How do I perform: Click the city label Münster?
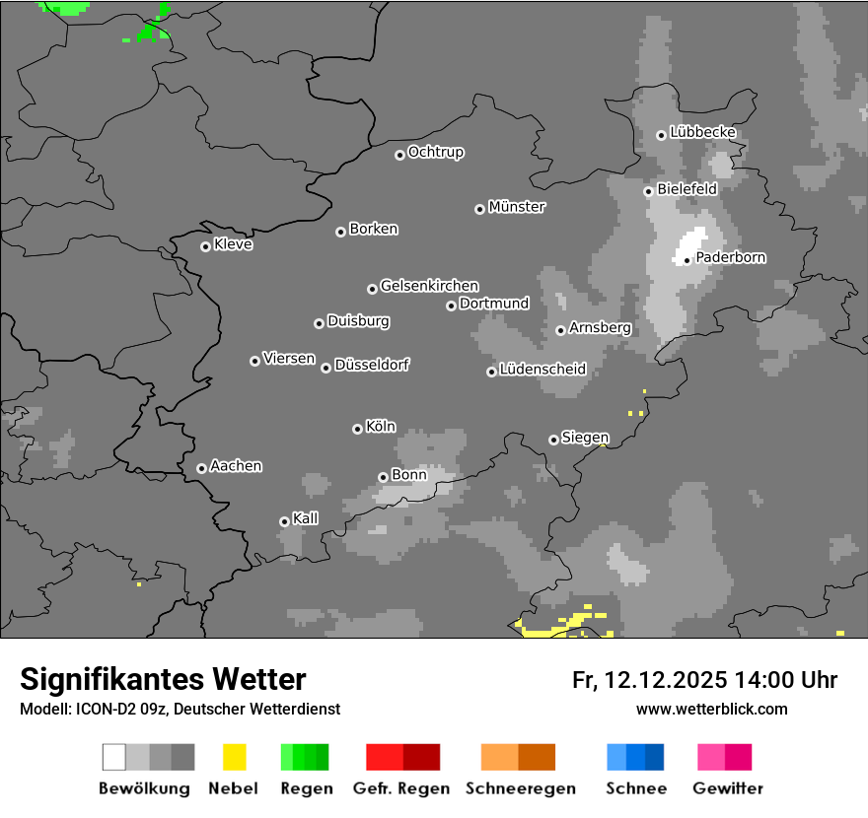(x=517, y=207)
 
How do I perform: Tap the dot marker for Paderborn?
(x=687, y=261)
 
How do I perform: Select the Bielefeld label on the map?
(x=687, y=188)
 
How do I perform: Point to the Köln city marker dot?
(x=357, y=429)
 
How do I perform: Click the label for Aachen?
(x=237, y=466)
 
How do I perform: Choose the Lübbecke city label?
(x=703, y=132)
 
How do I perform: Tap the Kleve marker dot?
(x=205, y=246)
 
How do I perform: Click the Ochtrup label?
(x=436, y=152)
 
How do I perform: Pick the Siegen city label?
(x=585, y=438)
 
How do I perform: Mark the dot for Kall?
(x=284, y=521)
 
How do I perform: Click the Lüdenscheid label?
(x=543, y=370)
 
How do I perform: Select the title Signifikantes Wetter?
(x=163, y=679)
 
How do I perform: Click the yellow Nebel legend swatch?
(x=234, y=757)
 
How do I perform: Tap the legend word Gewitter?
(x=728, y=788)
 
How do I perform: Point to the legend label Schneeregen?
(x=521, y=788)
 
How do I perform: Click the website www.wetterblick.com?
(x=711, y=709)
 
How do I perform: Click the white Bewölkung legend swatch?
(x=114, y=757)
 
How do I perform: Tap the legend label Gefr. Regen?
(x=401, y=788)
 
